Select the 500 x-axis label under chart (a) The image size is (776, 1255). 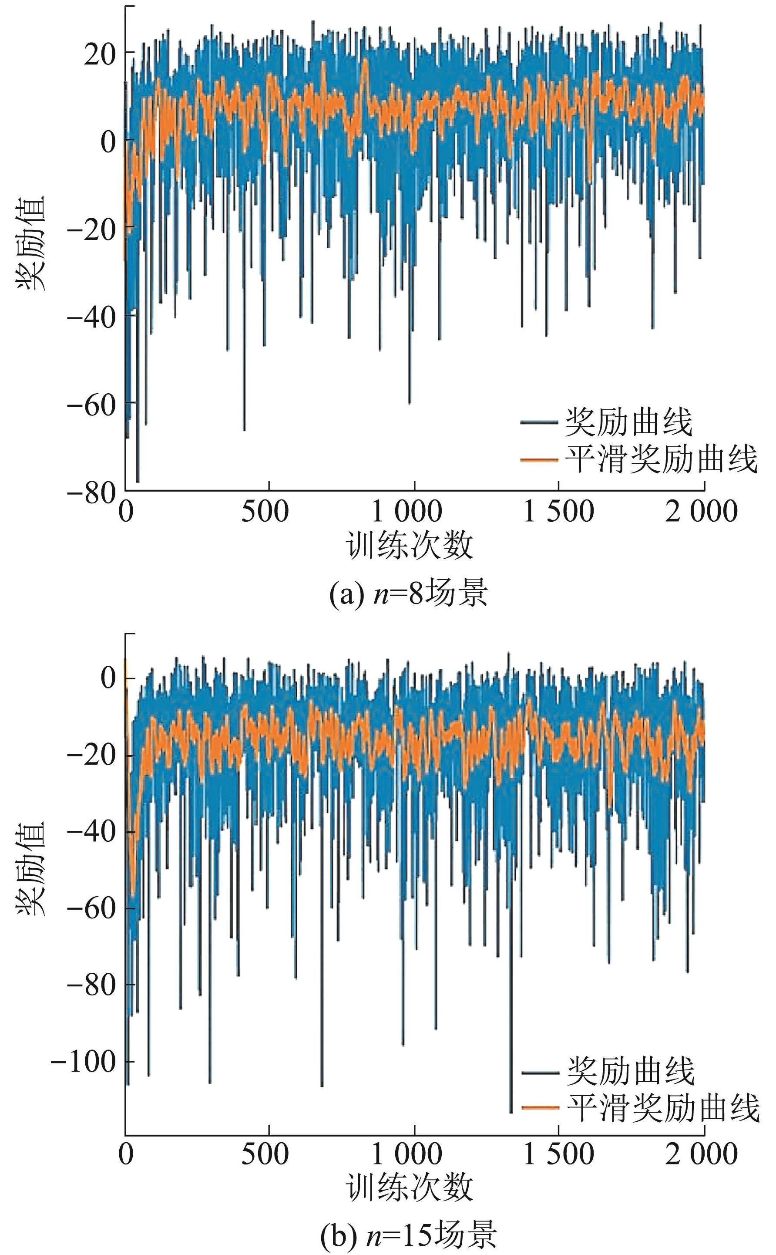(265, 513)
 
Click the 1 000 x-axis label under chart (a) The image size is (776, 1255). (406, 513)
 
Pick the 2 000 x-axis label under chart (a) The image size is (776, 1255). (701, 513)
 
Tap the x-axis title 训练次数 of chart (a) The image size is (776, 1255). (410, 545)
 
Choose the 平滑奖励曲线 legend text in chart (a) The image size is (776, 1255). (662, 459)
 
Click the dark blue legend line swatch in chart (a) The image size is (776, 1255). (539, 422)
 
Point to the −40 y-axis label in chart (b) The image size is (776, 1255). (91, 831)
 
